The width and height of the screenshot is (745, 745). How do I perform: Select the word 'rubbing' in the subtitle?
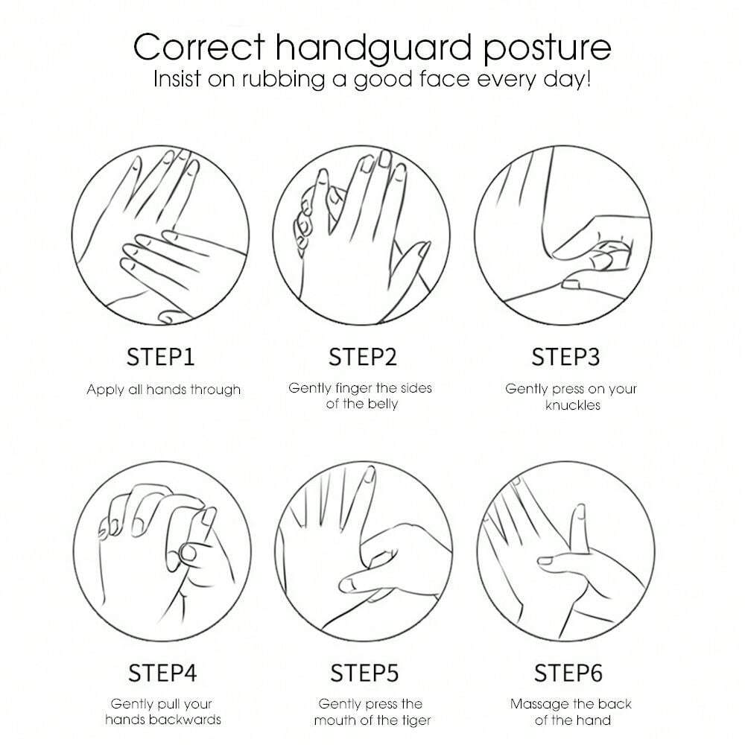coord(283,79)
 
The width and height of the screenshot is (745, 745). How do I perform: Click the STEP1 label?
coord(161,357)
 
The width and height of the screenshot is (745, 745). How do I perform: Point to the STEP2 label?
coord(363,357)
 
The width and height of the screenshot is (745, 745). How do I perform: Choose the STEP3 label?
coord(565,357)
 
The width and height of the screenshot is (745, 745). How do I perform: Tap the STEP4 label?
coord(162,673)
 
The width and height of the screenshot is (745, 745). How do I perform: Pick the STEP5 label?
coord(364,673)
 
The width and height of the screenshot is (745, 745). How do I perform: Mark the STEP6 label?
coord(568,673)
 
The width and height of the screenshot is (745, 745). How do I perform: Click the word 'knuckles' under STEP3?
coord(572,405)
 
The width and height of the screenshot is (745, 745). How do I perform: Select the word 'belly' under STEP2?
coord(382,405)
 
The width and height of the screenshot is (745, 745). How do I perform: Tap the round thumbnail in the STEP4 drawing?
coord(188,553)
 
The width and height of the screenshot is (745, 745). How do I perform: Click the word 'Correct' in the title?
coord(199,48)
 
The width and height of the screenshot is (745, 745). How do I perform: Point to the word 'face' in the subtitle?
coord(444,79)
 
